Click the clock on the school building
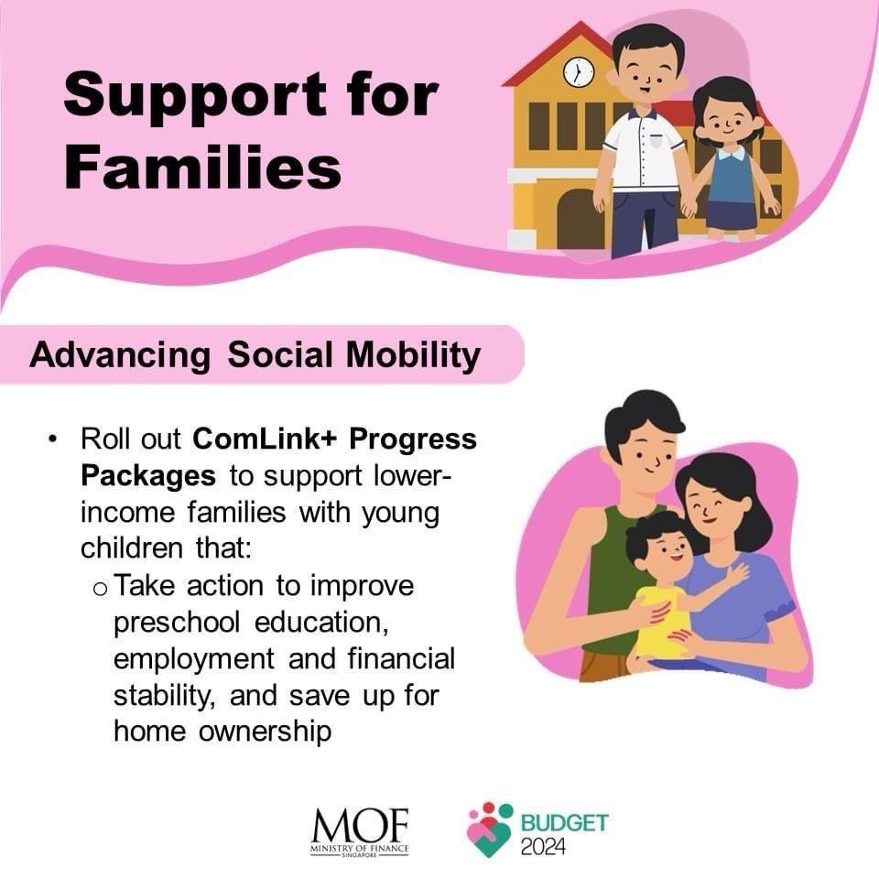[x=579, y=71]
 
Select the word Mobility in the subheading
[x=413, y=356]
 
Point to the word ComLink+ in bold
[x=264, y=439]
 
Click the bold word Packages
[x=148, y=476]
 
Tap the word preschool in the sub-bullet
[x=177, y=624]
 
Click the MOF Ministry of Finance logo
[x=360, y=832]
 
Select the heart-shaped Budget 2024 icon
[x=489, y=830]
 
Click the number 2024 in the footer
[x=543, y=846]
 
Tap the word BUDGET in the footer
[x=565, y=823]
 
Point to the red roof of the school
[x=560, y=55]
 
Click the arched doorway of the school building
[x=581, y=219]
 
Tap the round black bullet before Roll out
[x=53, y=439]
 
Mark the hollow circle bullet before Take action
[x=100, y=589]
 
